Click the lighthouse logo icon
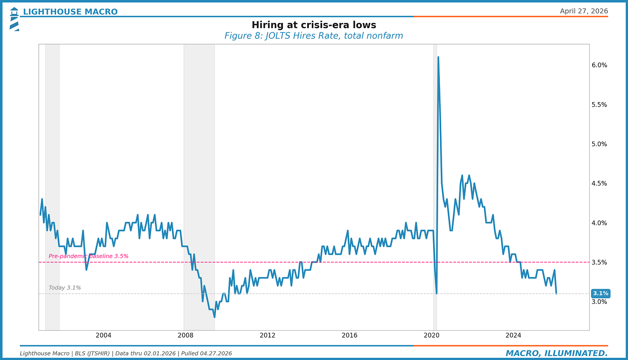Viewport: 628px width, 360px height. point(14,19)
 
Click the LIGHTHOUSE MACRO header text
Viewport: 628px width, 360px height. point(70,12)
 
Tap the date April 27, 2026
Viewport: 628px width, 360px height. point(584,11)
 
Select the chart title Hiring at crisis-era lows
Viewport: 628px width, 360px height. point(314,25)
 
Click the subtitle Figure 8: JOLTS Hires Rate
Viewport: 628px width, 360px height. point(314,36)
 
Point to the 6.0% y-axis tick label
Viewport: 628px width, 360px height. point(599,65)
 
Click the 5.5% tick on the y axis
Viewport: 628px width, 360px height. point(599,104)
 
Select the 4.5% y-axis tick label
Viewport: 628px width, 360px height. point(599,183)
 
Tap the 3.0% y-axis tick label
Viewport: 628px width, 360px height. point(599,302)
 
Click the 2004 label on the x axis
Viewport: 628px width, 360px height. point(104,335)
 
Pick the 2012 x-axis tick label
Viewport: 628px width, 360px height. point(267,335)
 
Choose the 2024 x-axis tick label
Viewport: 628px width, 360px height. point(513,335)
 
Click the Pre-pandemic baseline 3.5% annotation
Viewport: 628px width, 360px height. point(88,256)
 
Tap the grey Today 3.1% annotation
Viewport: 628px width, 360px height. point(65,288)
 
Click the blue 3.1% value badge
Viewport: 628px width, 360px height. point(600,294)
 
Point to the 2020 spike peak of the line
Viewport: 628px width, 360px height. point(438,57)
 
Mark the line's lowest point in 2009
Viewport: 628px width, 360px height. point(214,317)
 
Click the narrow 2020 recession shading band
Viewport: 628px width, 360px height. point(435,173)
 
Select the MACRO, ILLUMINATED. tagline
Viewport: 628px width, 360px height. point(556,354)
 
